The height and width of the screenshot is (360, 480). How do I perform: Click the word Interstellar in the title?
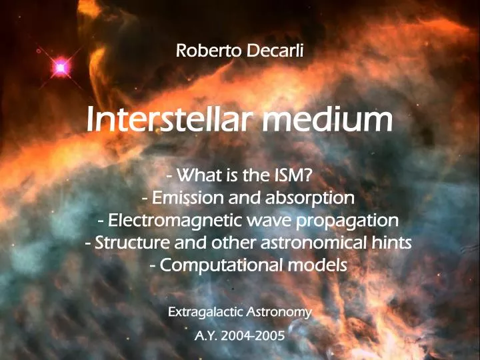(x=169, y=120)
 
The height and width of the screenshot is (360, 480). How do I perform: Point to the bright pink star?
(x=61, y=67)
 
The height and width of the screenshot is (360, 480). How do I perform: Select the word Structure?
(x=129, y=242)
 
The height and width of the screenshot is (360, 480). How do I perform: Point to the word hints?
(x=392, y=242)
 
